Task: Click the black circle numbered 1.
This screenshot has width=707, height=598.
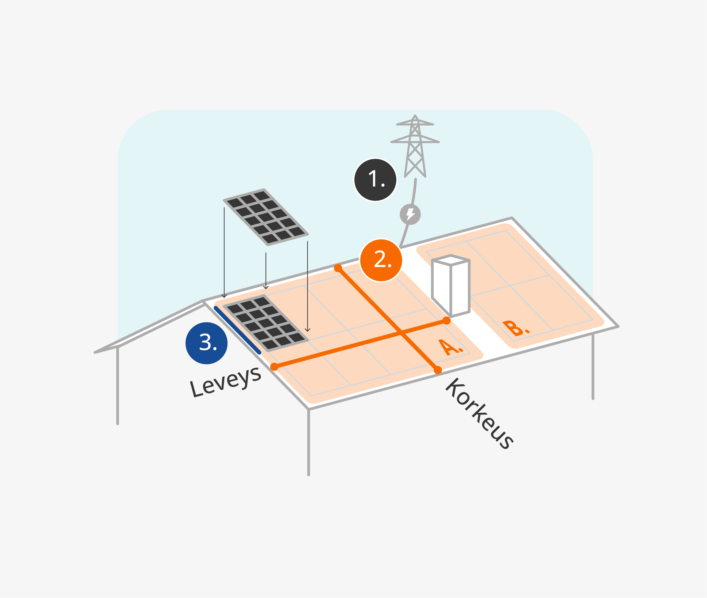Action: click(375, 180)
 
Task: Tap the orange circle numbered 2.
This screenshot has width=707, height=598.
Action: click(381, 260)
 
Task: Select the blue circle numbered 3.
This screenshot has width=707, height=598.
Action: click(206, 343)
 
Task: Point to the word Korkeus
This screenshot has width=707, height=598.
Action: click(479, 413)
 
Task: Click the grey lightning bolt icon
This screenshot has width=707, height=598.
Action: click(410, 214)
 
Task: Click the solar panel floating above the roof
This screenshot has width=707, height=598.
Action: click(266, 217)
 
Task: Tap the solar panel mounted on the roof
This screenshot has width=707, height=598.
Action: click(266, 323)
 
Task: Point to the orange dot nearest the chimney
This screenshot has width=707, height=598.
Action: click(447, 321)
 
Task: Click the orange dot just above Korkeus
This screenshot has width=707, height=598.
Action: click(438, 370)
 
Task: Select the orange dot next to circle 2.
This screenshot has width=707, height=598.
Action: click(338, 268)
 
